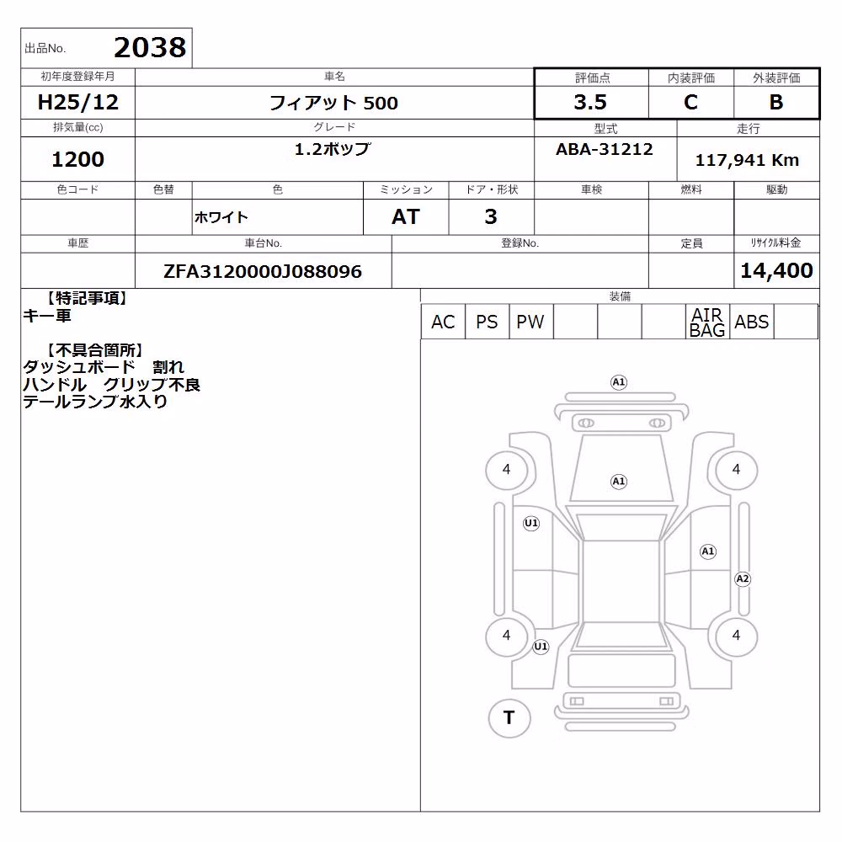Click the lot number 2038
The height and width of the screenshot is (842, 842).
150,47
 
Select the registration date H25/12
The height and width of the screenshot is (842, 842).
77,102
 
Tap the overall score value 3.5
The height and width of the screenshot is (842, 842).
590,102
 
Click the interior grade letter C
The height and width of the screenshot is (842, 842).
690,102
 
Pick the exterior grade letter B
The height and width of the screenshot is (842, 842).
776,102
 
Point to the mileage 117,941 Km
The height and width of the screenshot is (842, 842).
747,160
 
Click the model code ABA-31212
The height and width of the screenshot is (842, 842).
604,149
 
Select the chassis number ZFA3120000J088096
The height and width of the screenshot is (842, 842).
263,271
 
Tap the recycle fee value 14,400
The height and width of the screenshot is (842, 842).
776,270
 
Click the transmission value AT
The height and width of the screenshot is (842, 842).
406,216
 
